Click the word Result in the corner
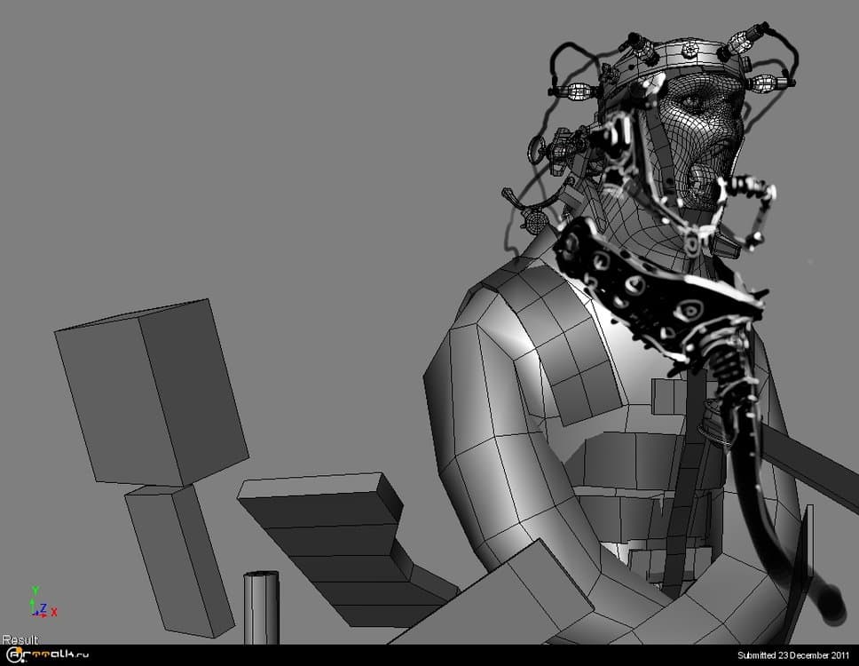point(20,639)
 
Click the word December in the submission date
point(805,655)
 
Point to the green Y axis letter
point(35,591)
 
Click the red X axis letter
point(54,613)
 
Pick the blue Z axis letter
point(43,608)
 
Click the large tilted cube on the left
point(151,392)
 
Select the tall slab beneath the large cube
point(179,560)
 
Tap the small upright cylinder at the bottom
point(261,607)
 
